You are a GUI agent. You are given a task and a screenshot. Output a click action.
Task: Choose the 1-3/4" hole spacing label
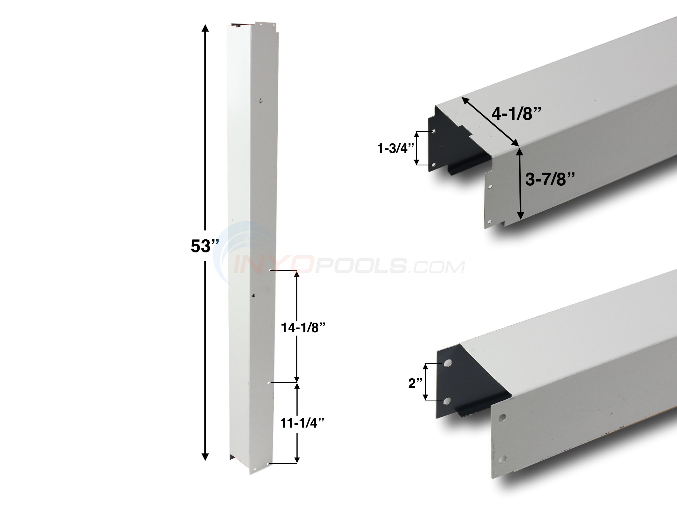pyautogui.click(x=394, y=149)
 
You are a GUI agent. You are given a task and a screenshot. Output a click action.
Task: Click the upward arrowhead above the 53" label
pyautogui.click(x=205, y=29)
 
